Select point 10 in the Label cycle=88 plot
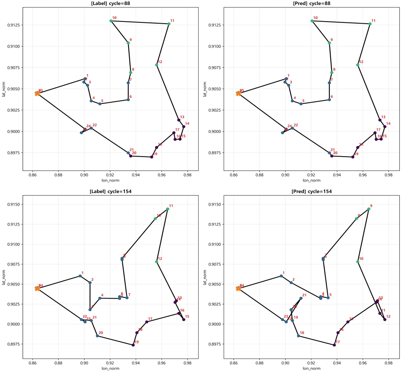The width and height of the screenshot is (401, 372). pos(111,21)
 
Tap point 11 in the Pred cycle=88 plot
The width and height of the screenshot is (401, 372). pos(370,24)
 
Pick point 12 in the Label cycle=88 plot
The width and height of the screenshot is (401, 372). pos(156,65)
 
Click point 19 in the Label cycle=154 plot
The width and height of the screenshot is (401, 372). pos(133,345)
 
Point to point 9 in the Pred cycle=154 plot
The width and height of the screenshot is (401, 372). pos(369,209)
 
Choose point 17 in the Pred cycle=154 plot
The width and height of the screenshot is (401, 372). pos(334,345)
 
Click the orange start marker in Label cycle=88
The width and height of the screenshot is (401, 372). pos(37,93)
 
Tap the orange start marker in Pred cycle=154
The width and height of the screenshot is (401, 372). pos(238,288)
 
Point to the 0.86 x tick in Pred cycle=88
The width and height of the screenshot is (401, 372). pos(234,174)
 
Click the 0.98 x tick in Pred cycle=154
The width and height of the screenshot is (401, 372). pos(388,362)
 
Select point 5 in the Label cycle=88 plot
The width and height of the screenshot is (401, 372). pos(100,103)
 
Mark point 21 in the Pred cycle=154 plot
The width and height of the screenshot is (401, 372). pos(301,298)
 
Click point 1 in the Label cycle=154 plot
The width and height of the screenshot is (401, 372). pos(80,276)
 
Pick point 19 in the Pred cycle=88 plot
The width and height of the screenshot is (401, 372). pos(353,157)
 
